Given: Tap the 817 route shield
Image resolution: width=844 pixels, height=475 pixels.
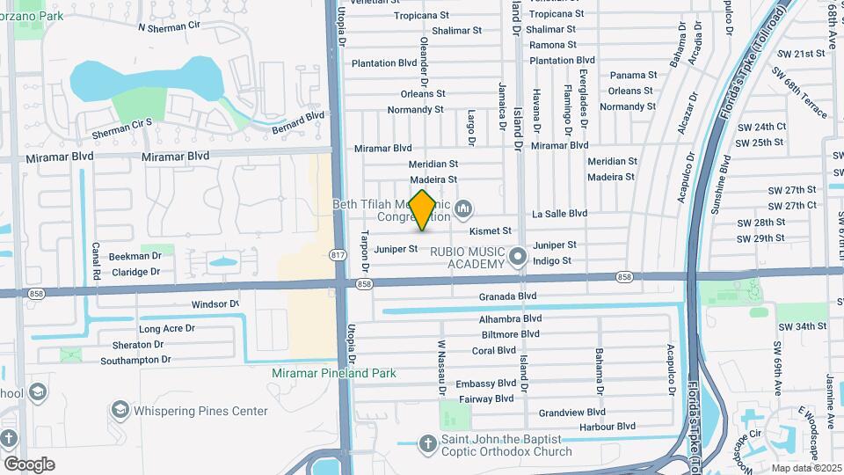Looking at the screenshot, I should tap(338, 254).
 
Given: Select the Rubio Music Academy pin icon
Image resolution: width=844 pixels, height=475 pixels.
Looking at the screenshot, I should tap(518, 257).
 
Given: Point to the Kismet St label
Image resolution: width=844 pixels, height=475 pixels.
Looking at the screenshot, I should tap(491, 231).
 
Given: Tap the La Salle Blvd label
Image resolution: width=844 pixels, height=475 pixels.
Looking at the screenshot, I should tap(559, 213).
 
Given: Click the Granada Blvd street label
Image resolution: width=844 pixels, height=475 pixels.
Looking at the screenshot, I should tap(507, 296).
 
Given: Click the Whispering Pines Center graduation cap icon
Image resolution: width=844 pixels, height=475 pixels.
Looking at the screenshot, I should tap(120, 410).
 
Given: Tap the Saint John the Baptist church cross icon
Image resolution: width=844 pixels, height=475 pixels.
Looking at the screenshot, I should tap(428, 442).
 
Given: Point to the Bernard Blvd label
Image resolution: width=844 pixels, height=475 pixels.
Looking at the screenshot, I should tap(304, 117).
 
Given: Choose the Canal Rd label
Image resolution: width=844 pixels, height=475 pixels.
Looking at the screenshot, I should tap(95, 260).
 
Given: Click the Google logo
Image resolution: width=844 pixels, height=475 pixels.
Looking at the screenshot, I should tap(29, 464).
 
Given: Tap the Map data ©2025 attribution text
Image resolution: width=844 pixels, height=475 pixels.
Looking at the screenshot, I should tap(804, 468).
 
